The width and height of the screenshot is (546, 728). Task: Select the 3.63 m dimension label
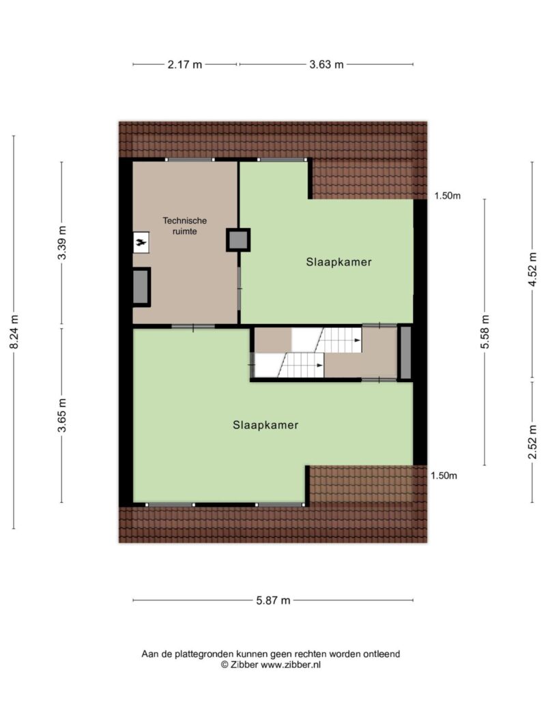point(326,65)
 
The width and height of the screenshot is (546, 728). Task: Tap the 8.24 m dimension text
point(14,332)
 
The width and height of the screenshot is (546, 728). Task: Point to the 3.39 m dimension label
point(62,243)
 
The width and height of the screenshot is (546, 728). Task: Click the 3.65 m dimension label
point(62,416)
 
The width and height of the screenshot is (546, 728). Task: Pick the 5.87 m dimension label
point(273,600)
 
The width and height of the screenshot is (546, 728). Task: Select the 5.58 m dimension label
point(485,332)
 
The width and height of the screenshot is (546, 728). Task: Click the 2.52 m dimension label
point(532,442)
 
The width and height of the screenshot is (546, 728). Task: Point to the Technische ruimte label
point(184,226)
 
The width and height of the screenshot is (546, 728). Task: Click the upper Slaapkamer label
point(339,261)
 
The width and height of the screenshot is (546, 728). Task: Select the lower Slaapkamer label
point(265,424)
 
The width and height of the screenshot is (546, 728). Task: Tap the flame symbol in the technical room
point(141,242)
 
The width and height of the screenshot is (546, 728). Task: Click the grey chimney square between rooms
point(238,239)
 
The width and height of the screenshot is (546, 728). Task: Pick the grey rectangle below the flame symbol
point(141,287)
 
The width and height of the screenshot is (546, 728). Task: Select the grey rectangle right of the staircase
point(405,353)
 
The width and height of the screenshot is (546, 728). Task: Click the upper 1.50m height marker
point(447,196)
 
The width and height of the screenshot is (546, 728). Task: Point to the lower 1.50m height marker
point(444,476)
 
